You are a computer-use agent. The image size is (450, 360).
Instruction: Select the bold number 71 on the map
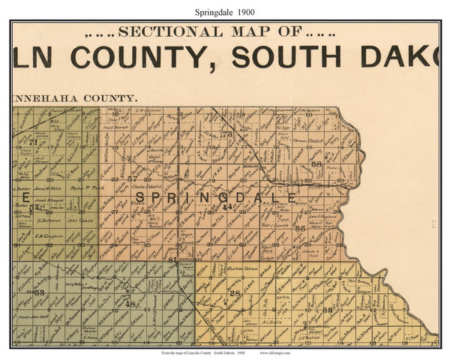coord(33,142)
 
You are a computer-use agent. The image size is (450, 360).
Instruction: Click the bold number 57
coord(133,178)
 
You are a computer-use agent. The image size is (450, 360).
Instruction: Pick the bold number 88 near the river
coord(316,163)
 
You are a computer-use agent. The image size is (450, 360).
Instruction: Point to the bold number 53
coord(40,292)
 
